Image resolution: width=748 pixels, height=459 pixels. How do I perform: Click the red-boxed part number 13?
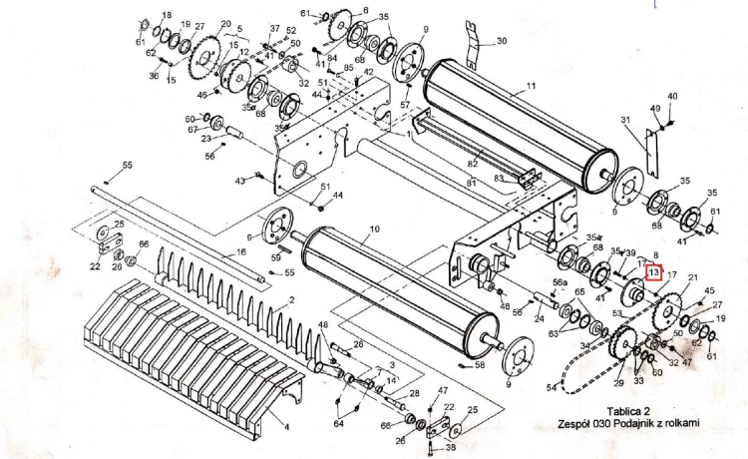[x=654, y=272]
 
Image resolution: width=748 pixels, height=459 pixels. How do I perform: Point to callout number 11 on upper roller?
[x=531, y=86]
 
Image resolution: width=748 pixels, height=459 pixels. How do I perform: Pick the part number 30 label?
[x=502, y=41]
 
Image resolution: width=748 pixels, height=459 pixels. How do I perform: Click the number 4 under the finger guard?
[x=286, y=427]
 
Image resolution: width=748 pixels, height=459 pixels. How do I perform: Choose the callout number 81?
[x=468, y=183]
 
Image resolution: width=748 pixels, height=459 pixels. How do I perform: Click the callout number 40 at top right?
[x=672, y=96]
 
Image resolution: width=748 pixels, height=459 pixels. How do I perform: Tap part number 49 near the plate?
[x=655, y=108]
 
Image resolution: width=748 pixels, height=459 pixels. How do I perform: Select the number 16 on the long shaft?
[x=239, y=255]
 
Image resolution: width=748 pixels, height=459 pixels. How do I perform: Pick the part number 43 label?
[x=240, y=181]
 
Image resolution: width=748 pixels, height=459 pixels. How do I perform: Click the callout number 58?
[x=480, y=366]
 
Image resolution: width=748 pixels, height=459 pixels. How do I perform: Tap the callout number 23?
[x=205, y=139]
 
